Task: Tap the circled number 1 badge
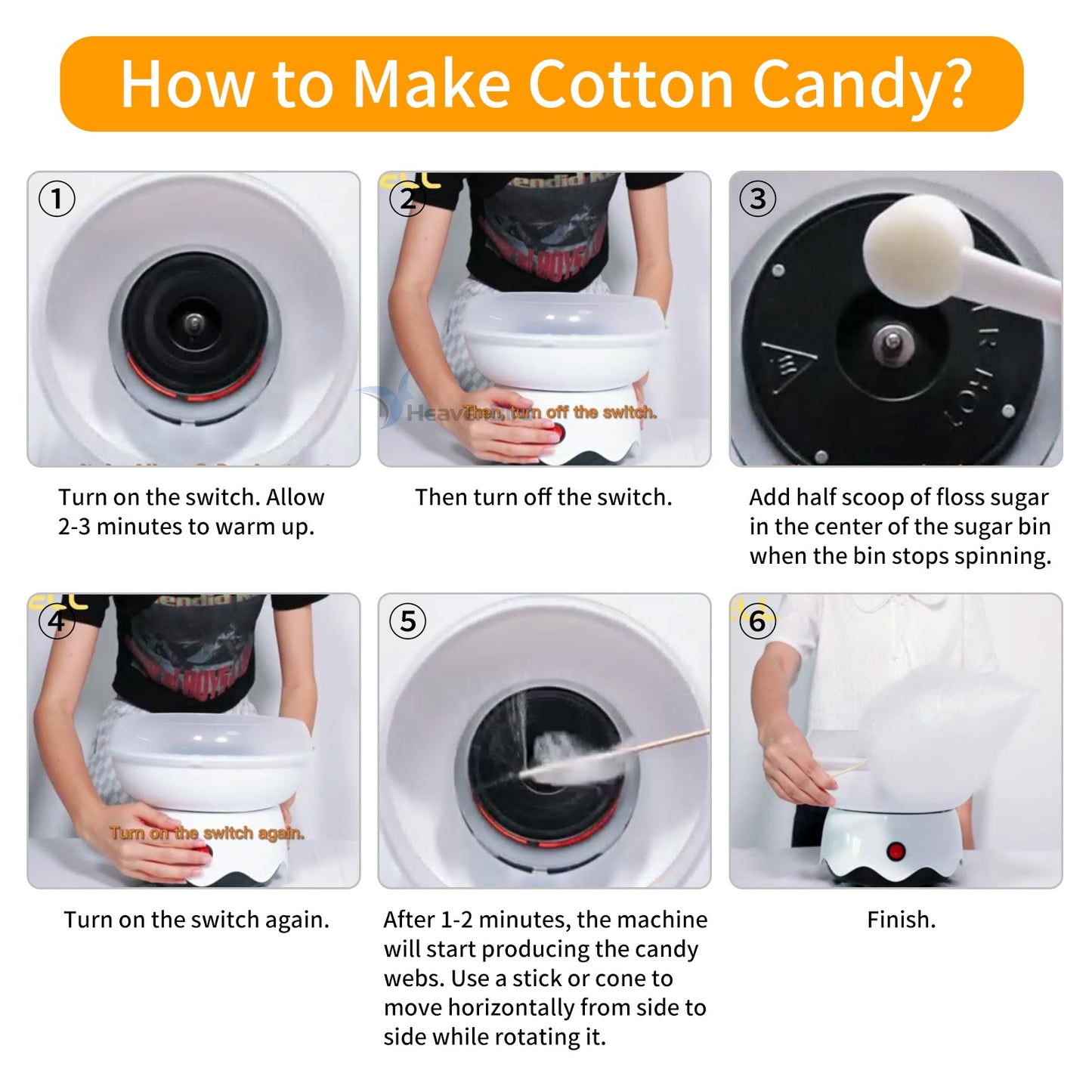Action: pyautogui.click(x=57, y=200)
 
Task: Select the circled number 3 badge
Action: pyautogui.click(x=757, y=200)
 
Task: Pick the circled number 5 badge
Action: pyautogui.click(x=407, y=621)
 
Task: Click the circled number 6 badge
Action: pyautogui.click(x=757, y=621)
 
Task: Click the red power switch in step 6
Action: pyautogui.click(x=896, y=852)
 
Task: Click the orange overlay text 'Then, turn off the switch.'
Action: pyautogui.click(x=560, y=413)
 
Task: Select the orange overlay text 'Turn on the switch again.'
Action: pyautogui.click(x=207, y=833)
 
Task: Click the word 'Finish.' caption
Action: pyautogui.click(x=901, y=920)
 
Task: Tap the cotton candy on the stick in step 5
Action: pyautogui.click(x=574, y=763)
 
